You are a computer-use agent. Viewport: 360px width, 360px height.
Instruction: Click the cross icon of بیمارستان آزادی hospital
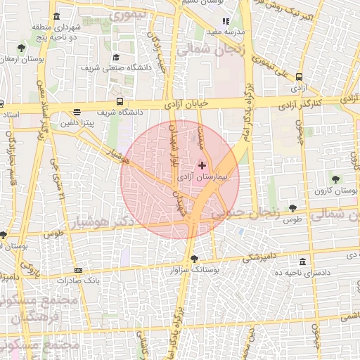tap(202, 165)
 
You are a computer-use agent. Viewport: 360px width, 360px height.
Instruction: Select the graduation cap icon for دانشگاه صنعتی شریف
tap(116, 58)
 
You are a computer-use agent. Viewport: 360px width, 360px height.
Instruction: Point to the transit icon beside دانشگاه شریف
tap(120, 101)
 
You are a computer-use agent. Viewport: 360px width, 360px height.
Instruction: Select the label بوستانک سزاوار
tap(195, 269)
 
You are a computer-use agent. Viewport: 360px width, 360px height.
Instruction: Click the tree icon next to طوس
tap(292, 208)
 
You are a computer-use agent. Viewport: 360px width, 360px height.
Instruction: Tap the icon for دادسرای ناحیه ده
tap(302, 262)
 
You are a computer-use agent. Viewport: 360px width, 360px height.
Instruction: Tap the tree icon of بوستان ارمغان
tap(22, 49)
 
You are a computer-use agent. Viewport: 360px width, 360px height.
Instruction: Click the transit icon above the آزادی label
tap(300, 77)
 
